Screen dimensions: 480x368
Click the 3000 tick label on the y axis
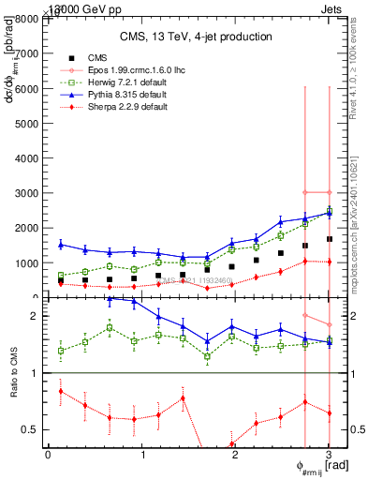29,193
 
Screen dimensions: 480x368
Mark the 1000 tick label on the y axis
29,263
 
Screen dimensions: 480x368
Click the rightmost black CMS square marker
329,239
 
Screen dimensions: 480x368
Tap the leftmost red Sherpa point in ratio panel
61,391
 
